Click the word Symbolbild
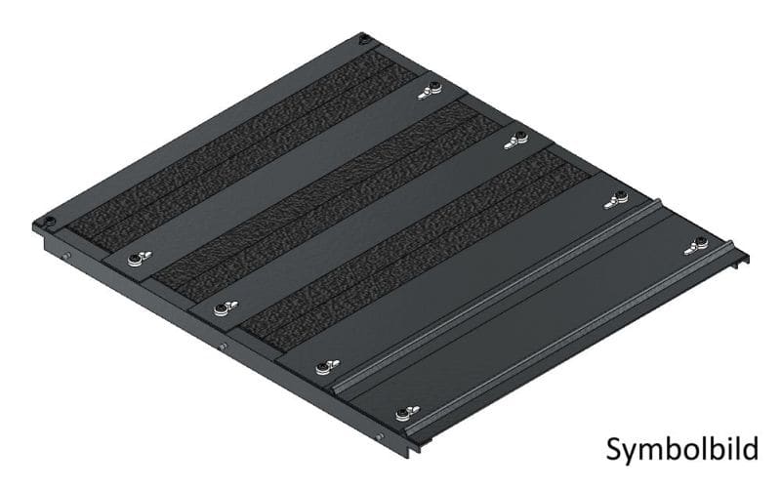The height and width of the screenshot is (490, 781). pyautogui.click(x=681, y=450)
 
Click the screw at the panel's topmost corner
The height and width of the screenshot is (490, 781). pyautogui.click(x=364, y=38)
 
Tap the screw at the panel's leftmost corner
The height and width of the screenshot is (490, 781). pyautogui.click(x=48, y=222)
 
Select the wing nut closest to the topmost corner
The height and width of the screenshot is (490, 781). pyautogui.click(x=430, y=90)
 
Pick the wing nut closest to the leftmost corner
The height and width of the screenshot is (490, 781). pyautogui.click(x=140, y=258)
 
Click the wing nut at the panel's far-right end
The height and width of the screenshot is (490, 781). pyautogui.click(x=696, y=246)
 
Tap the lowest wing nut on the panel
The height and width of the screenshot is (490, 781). pyautogui.click(x=407, y=413)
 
